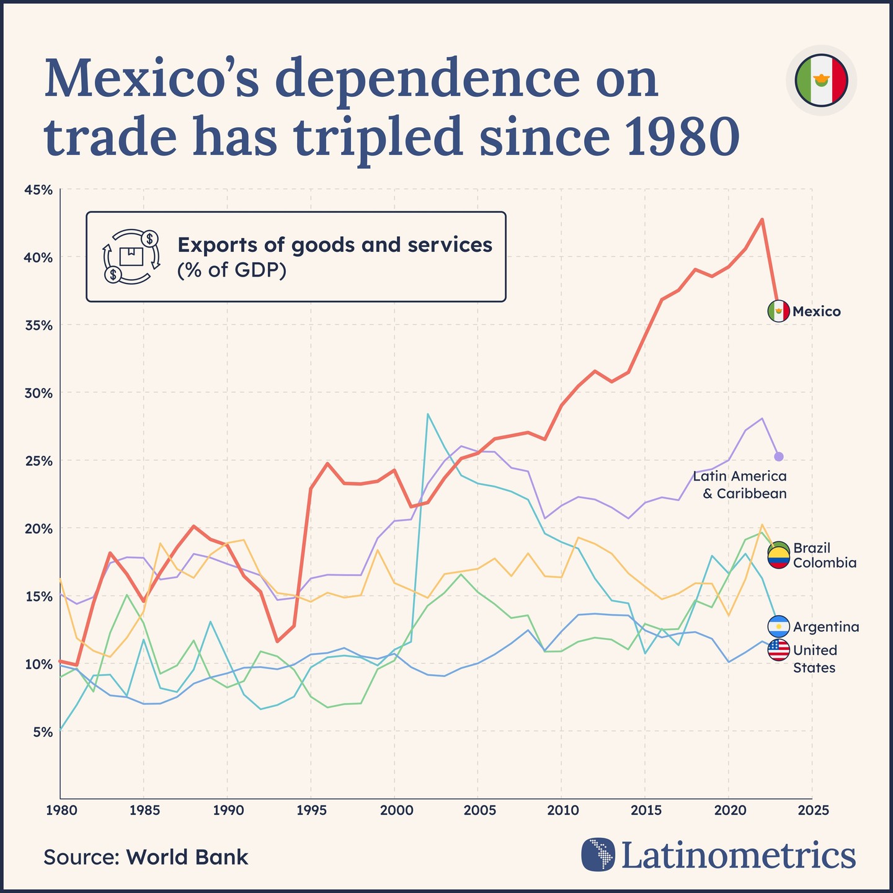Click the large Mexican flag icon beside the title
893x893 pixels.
coord(821,80)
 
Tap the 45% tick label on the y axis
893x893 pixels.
coord(38,190)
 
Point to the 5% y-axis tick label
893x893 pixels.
coord(42,732)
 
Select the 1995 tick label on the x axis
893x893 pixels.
coord(311,810)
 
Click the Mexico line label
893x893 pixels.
coord(817,311)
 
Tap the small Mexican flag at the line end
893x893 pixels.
coord(778,311)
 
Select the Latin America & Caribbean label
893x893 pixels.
coord(740,484)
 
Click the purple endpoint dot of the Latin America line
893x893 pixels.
coord(779,456)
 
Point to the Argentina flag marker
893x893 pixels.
coord(778,626)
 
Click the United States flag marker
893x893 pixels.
coord(778,650)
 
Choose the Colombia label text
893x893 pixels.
coord(824,562)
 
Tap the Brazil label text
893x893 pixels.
coord(811,548)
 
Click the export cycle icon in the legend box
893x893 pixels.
coord(131,256)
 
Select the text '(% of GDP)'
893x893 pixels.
coord(232,270)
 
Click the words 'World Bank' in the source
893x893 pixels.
coord(187,857)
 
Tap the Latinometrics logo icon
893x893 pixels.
coord(598,854)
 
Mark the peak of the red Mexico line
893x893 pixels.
coord(762,219)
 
